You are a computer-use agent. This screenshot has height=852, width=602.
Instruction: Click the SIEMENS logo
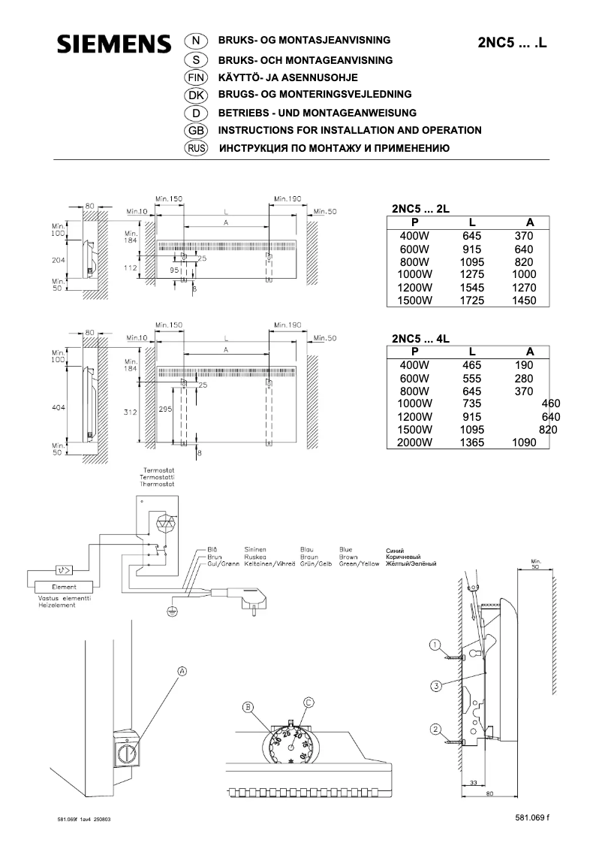pyautogui.click(x=113, y=44)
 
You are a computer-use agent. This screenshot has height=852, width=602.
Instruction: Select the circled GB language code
pyautogui.click(x=194, y=130)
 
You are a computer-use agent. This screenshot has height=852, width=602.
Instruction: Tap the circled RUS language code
pyautogui.click(x=195, y=148)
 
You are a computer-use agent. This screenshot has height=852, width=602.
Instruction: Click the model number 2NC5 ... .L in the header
pyautogui.click(x=513, y=43)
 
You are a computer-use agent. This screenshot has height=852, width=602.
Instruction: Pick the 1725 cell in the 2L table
pyautogui.click(x=471, y=301)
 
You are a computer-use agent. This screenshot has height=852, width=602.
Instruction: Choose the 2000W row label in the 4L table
pyautogui.click(x=414, y=443)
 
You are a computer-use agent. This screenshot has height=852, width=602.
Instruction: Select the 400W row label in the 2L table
pyautogui.click(x=414, y=236)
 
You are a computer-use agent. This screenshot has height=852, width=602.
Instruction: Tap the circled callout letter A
pyautogui.click(x=182, y=670)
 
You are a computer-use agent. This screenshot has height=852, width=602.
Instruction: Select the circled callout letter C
pyautogui.click(x=309, y=702)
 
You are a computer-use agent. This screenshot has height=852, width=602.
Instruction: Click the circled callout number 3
pyautogui.click(x=435, y=685)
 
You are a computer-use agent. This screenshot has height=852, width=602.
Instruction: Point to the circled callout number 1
pyautogui.click(x=435, y=645)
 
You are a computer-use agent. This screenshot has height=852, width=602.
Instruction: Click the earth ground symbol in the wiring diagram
pyautogui.click(x=170, y=612)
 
